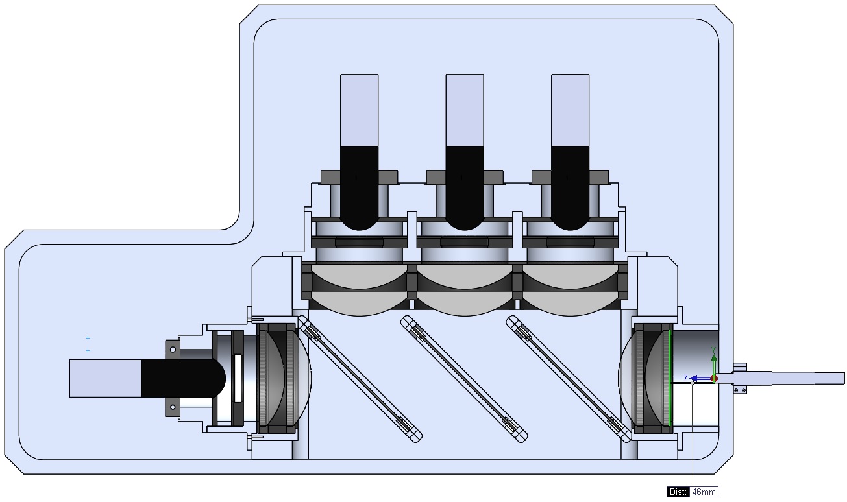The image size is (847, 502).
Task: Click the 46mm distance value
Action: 704,492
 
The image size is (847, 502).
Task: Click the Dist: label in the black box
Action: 678,492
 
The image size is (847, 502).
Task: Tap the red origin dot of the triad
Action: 714,378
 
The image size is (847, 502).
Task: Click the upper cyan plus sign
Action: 88,338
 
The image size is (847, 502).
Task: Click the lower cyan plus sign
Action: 88,351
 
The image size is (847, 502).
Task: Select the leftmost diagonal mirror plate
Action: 360,379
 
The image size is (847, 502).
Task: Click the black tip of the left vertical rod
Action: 360,188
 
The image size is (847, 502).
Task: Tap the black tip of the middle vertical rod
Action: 465,188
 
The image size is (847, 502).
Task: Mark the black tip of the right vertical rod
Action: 570,188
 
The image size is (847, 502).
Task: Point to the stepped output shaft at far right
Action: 792,377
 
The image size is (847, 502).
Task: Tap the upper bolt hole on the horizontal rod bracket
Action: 173,350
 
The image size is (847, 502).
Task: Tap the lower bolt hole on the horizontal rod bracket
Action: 173,407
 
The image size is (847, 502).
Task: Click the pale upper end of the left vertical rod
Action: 360,110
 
